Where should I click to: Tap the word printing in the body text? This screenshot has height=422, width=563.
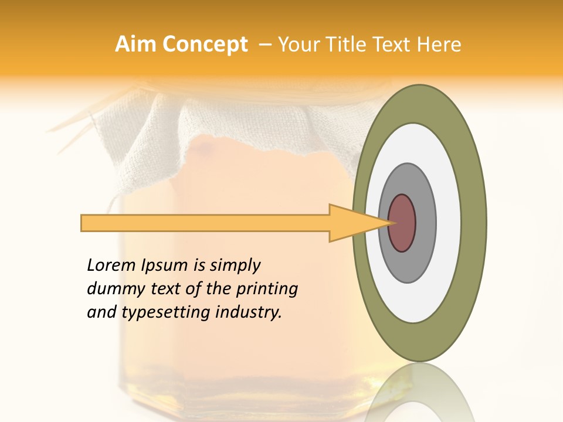pyautogui.click(x=267, y=290)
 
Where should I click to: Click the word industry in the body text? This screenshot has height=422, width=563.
pyautogui.click(x=249, y=313)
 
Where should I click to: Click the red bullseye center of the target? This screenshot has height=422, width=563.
pyautogui.click(x=402, y=223)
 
